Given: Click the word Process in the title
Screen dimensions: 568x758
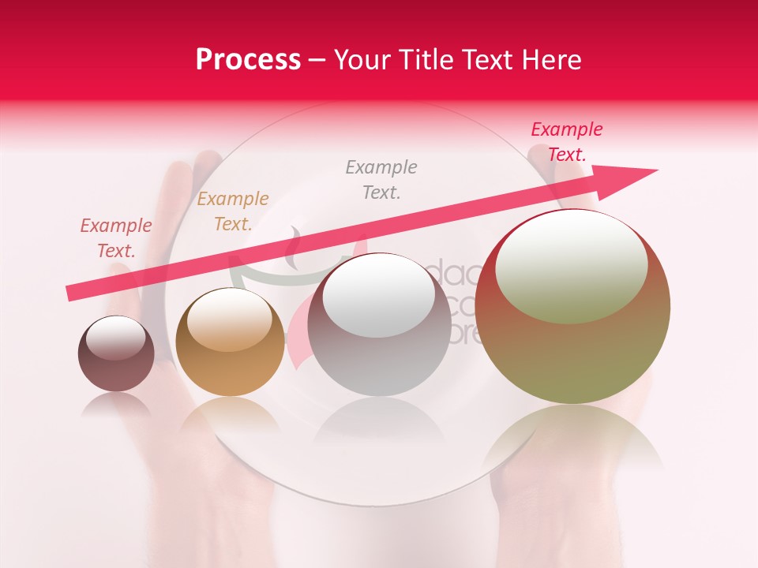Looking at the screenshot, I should (248, 60).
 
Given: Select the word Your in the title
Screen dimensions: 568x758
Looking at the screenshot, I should (364, 60).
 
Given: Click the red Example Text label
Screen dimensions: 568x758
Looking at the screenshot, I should (566, 142).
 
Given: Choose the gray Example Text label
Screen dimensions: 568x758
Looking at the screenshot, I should (381, 179).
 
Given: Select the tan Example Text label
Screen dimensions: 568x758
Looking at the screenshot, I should (233, 211).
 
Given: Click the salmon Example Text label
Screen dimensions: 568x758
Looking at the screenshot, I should (116, 238).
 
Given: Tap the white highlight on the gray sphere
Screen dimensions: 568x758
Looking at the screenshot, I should (379, 293).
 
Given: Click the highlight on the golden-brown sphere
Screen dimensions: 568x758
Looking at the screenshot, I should (229, 319).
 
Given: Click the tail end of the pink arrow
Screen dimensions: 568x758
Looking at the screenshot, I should (73, 293).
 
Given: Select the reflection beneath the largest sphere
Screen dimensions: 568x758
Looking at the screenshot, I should (572, 442).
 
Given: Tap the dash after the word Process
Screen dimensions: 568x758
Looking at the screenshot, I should (317, 60).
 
